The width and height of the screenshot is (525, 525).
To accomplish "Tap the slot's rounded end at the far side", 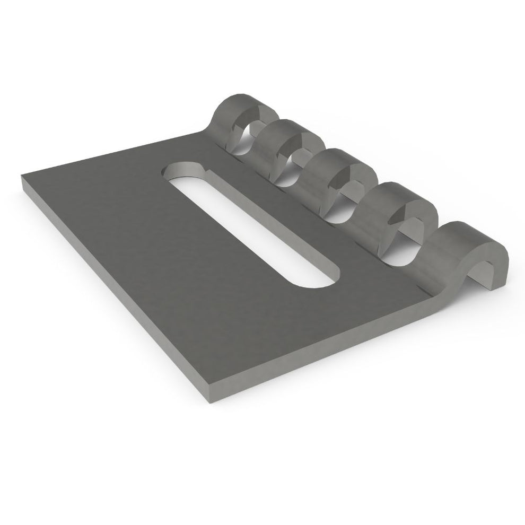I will click(183, 171).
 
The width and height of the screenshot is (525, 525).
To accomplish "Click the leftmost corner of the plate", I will click(22, 179).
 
